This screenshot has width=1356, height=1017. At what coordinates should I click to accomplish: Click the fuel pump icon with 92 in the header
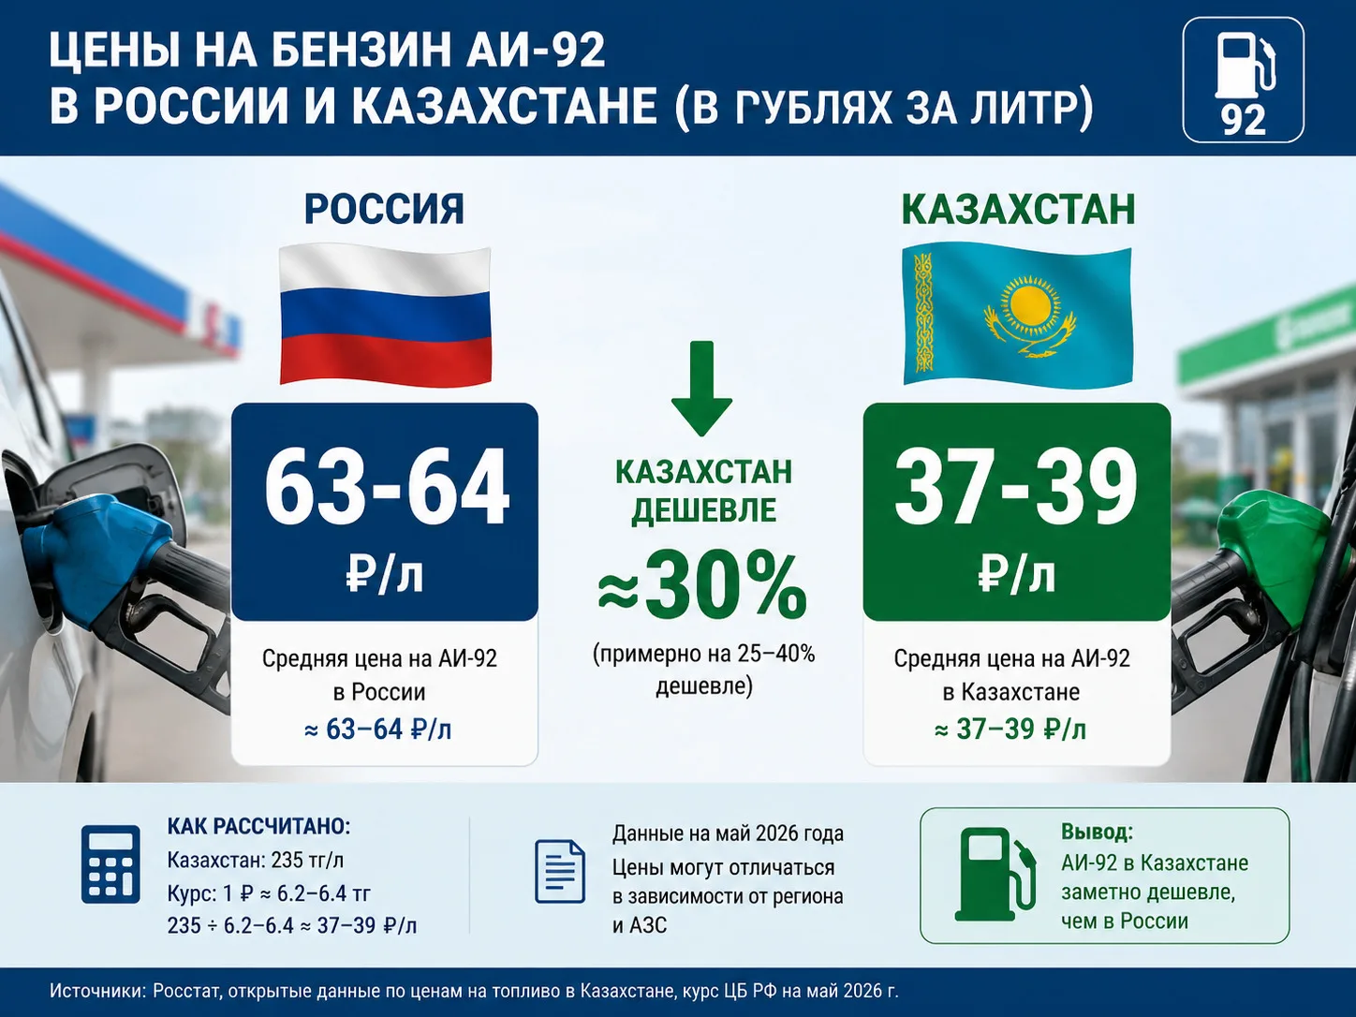coord(1243,81)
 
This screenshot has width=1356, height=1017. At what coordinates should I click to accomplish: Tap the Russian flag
coord(386,315)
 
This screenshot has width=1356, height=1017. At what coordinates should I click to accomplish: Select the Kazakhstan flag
coord(1017,315)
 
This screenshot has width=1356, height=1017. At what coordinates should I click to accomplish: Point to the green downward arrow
coord(701,388)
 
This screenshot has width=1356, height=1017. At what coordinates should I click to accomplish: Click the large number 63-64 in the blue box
coord(387,488)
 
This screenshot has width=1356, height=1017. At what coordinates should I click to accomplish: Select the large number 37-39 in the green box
coord(1016,488)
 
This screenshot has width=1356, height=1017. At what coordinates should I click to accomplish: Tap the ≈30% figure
coord(702,586)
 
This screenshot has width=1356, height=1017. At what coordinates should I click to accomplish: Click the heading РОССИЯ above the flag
coord(384,210)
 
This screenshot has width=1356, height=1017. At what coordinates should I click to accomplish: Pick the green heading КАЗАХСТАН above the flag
coord(1018,210)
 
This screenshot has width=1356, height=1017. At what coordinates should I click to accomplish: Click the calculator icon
coord(111,863)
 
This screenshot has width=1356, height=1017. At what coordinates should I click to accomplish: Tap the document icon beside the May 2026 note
coord(560,871)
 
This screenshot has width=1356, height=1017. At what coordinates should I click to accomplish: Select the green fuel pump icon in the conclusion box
coord(995,875)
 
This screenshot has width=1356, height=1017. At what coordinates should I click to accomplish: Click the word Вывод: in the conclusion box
coord(1098,832)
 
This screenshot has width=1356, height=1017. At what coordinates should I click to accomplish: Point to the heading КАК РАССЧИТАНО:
coord(258,826)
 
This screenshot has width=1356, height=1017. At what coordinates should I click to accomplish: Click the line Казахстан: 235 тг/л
coord(256,860)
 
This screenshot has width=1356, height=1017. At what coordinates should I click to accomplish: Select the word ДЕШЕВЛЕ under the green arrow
coord(703,509)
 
